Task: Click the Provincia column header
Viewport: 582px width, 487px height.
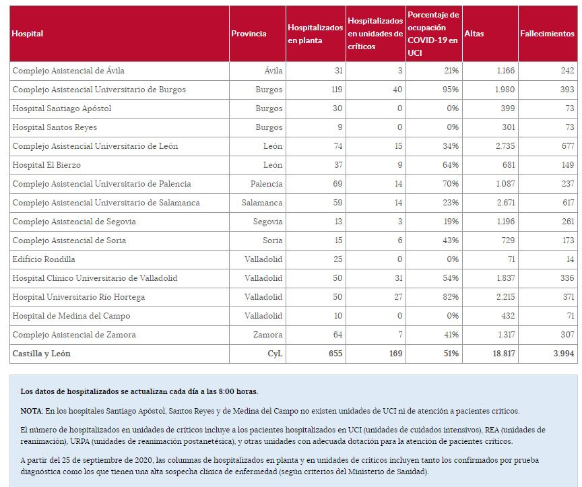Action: click(249, 34)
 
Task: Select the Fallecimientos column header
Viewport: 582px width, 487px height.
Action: click(547, 34)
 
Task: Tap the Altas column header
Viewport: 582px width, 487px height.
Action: click(474, 34)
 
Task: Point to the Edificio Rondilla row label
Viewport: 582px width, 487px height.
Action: click(44, 259)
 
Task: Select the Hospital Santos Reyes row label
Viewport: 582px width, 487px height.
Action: click(55, 127)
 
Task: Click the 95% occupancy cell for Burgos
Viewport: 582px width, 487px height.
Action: click(451, 90)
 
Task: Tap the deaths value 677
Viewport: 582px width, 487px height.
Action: click(567, 146)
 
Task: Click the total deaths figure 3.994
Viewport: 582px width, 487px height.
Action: click(563, 354)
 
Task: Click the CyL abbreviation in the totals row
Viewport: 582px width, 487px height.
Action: click(276, 354)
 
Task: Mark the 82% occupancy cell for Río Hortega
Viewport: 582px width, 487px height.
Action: click(451, 297)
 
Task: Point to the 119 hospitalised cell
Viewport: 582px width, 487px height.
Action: click(335, 90)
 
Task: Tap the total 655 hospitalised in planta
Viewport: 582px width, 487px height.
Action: click(335, 354)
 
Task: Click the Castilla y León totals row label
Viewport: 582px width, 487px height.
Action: click(41, 354)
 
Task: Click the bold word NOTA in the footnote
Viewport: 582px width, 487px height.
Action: click(31, 411)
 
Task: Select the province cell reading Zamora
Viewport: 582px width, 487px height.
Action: click(267, 335)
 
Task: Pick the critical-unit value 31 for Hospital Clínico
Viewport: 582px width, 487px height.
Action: click(397, 278)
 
